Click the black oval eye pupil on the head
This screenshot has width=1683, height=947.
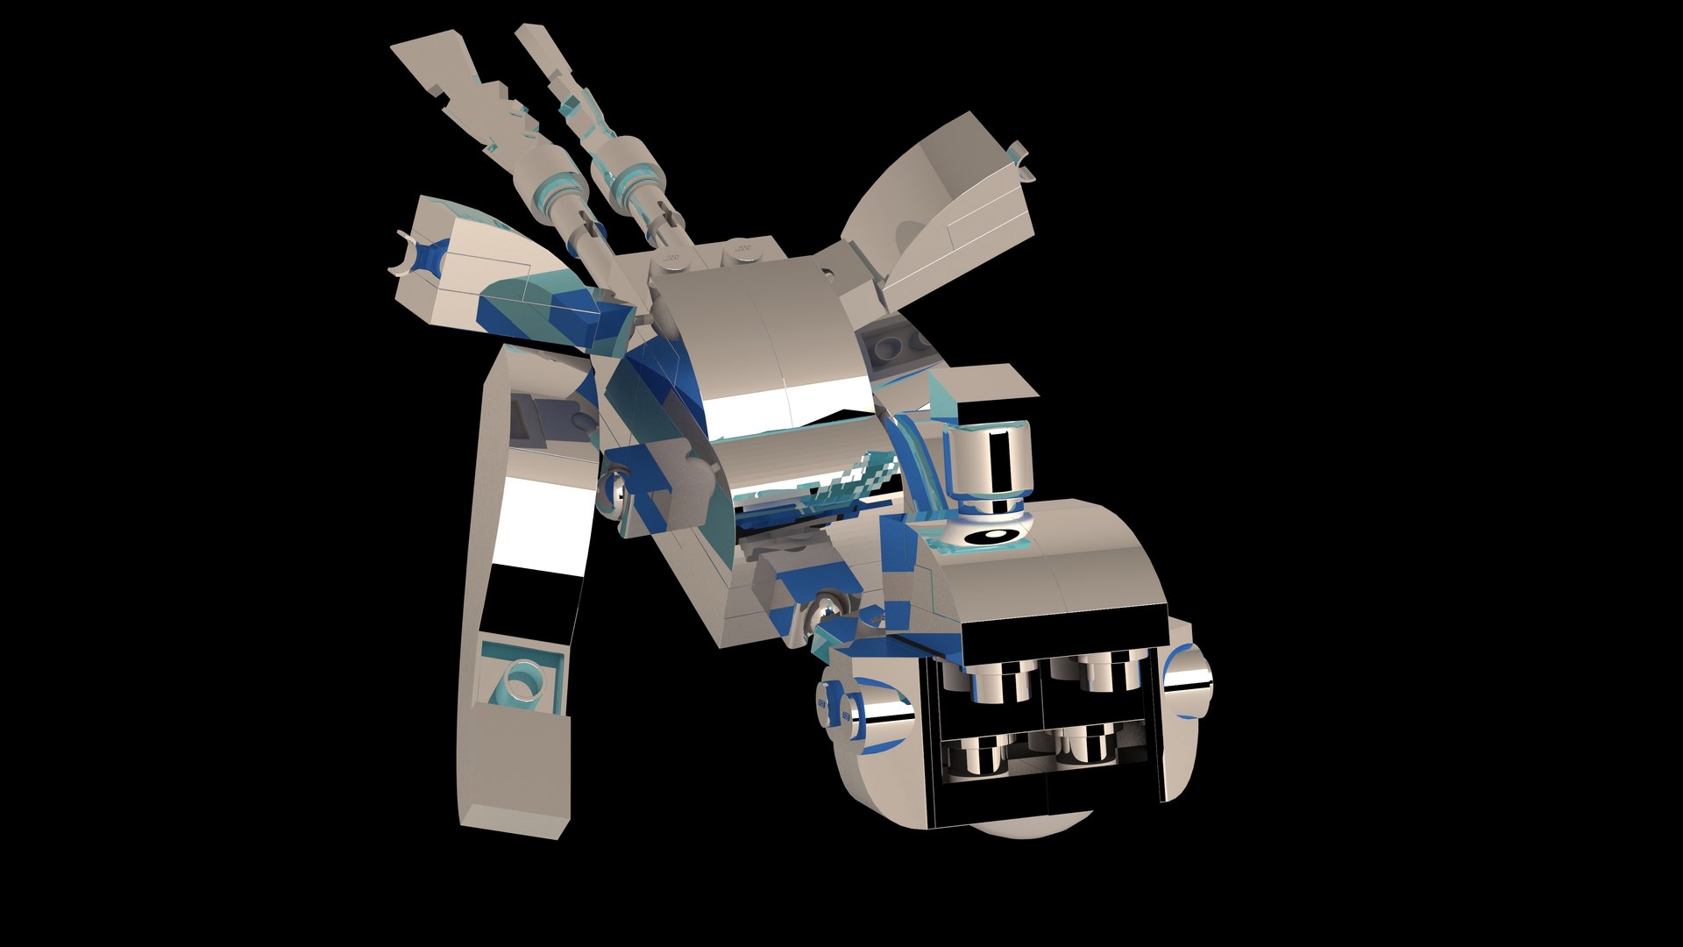tap(992, 535)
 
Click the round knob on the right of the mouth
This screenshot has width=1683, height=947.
tap(1189, 678)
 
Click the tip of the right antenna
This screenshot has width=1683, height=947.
tap(531, 37)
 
